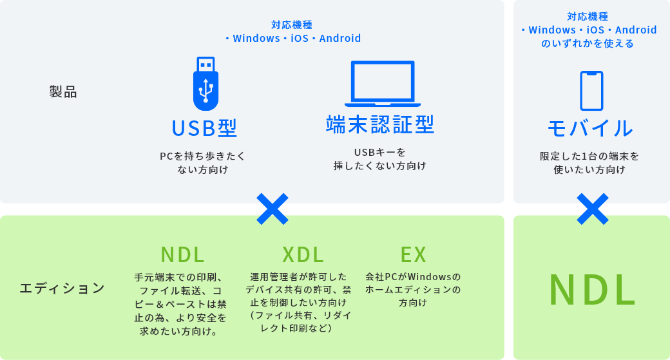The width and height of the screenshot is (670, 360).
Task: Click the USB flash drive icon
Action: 206,83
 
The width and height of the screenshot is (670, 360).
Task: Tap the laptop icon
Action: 382,84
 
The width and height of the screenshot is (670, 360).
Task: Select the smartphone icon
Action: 591,90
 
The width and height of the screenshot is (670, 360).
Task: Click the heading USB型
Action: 205,128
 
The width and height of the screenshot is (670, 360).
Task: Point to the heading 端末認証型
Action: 380,124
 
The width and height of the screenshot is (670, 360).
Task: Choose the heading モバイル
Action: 590,128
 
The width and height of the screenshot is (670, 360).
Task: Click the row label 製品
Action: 63,92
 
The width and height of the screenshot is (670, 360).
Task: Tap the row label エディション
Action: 62,288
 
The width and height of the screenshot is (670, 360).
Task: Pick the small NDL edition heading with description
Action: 183,255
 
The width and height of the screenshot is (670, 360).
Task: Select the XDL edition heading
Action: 303,255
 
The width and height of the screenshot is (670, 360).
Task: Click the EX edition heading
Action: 414,255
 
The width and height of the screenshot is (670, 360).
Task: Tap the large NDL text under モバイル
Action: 592,290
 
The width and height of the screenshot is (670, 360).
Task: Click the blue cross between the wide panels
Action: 272,209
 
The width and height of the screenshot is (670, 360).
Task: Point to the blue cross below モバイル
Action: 592,209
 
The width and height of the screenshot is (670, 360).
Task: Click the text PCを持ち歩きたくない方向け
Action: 203,163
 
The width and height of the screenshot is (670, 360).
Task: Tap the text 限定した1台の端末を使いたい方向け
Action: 589,163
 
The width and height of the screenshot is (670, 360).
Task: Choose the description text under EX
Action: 413,290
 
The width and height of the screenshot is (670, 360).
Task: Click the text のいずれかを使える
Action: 588,43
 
